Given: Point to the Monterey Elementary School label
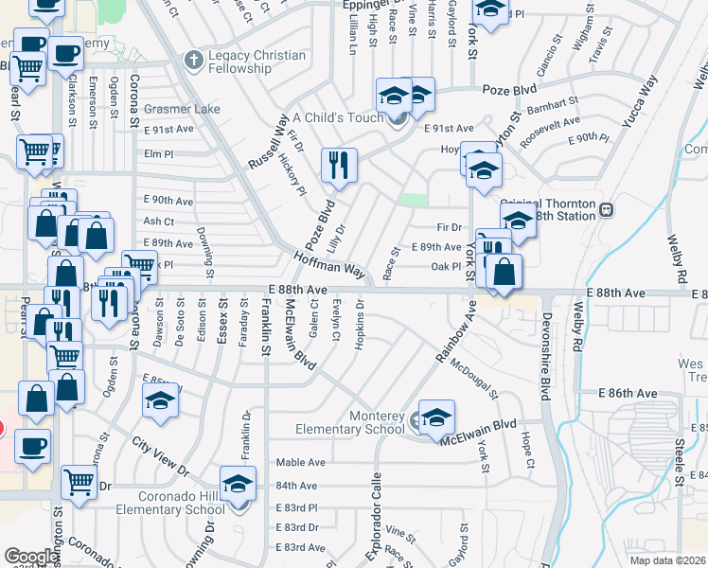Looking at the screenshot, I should pos(351,423).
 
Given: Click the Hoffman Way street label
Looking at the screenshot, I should pos(328,263).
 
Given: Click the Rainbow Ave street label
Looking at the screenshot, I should pos(457,331).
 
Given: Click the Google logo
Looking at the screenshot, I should pos(30,556).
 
